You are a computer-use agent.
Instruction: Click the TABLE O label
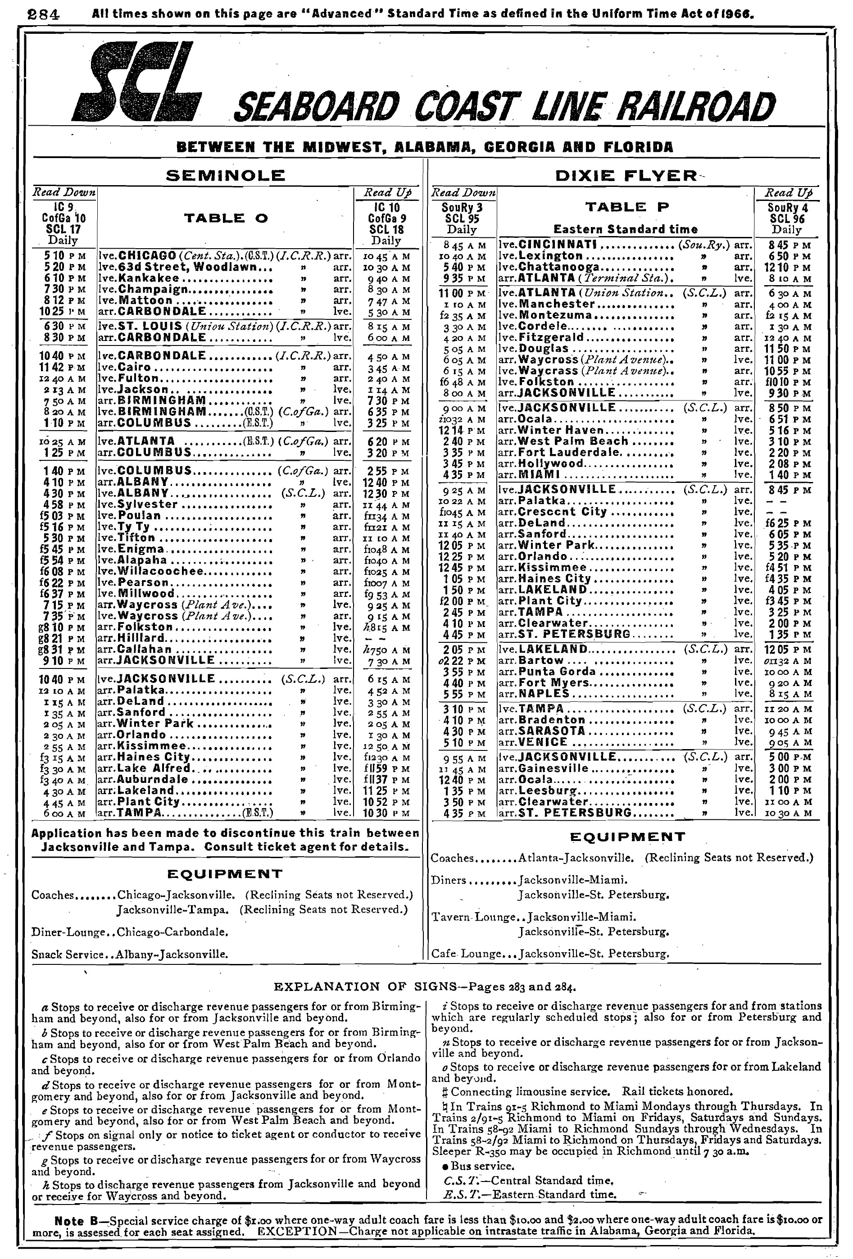pyautogui.click(x=226, y=218)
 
